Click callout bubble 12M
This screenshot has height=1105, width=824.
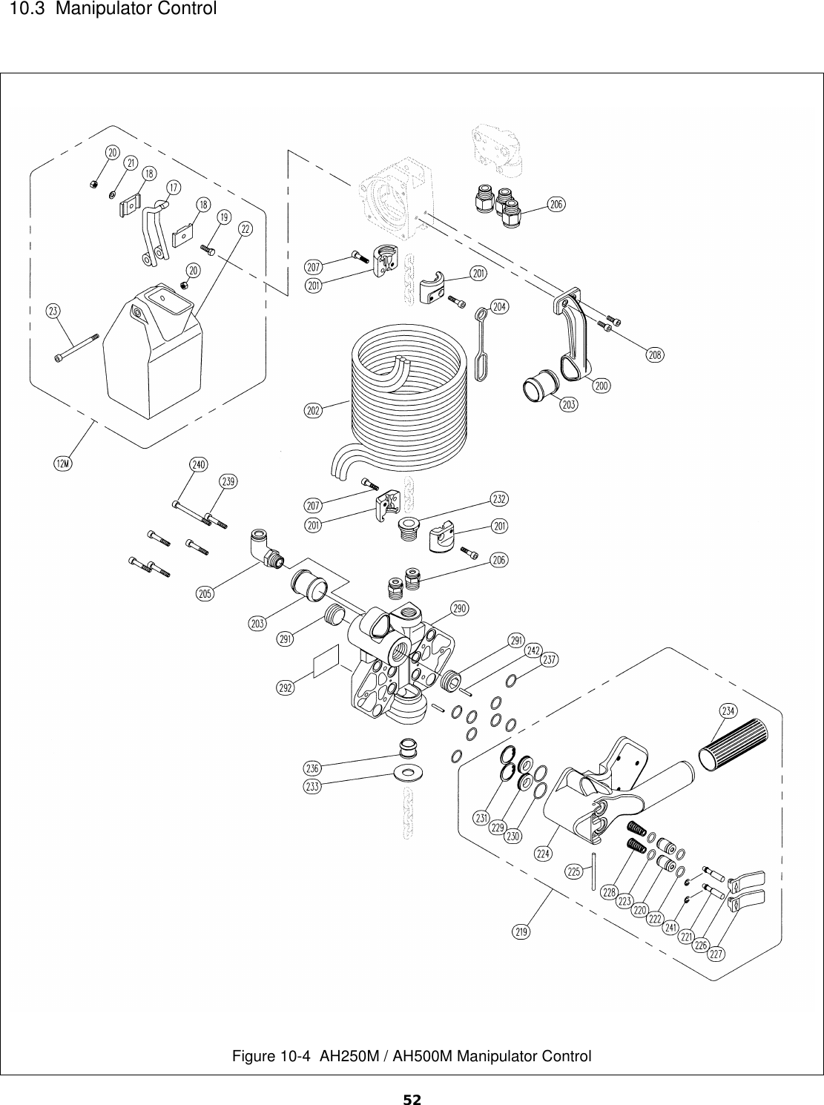63,464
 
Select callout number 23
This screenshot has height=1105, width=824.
53,311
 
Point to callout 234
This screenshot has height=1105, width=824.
728,710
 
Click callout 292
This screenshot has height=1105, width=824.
286,687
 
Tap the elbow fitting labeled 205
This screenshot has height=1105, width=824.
264,552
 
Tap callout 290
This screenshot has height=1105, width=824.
460,609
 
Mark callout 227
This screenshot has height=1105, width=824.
716,954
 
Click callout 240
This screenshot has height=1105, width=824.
198,464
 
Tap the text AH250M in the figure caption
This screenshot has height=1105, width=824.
346,1056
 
